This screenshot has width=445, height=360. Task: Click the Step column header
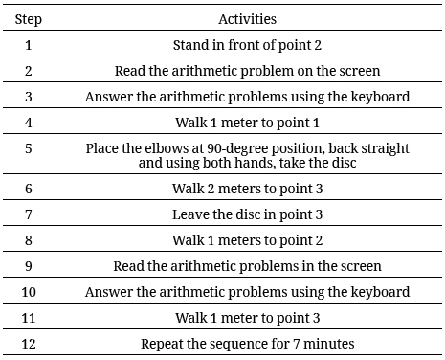tap(29, 17)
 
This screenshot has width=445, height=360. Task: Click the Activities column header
tap(247, 17)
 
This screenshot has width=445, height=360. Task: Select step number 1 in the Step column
tap(29, 45)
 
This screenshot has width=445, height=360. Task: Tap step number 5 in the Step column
tap(29, 148)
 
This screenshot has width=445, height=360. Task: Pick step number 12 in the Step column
tap(29, 342)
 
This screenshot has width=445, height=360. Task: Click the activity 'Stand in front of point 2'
tap(247, 45)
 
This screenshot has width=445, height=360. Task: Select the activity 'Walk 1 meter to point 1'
tap(247, 123)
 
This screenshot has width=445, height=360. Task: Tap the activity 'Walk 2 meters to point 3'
tap(247, 189)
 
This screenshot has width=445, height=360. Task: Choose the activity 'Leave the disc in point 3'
tap(247, 214)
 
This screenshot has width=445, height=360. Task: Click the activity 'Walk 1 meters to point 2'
tap(247, 240)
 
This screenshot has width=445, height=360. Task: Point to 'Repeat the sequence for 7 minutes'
tap(247, 342)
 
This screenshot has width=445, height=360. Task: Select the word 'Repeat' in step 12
tap(162, 342)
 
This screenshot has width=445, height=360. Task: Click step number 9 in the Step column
tap(29, 265)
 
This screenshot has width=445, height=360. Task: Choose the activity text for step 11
tap(247, 317)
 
